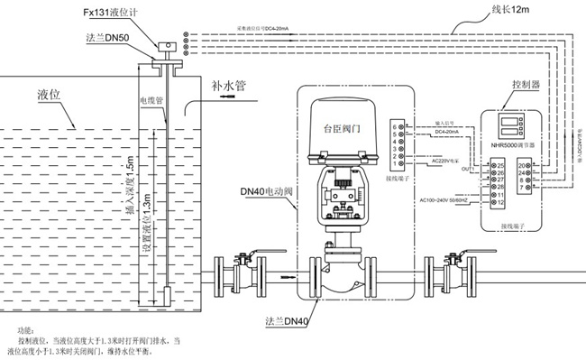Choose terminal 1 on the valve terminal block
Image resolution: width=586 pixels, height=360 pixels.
pos(396,164)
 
